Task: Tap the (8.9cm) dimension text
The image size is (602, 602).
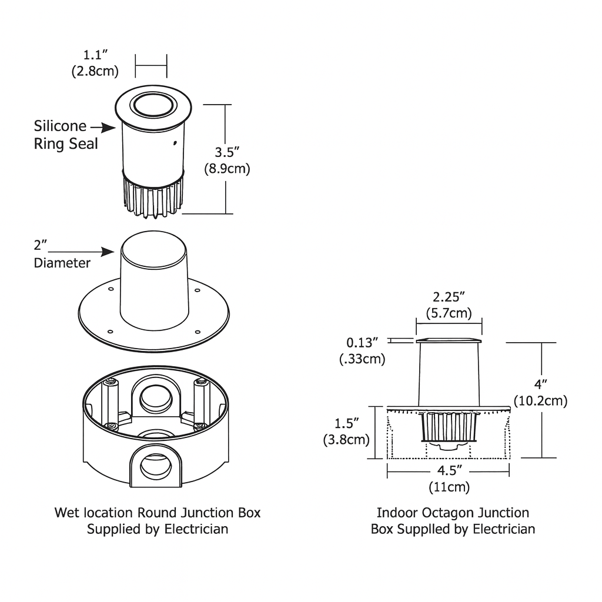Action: [227, 169]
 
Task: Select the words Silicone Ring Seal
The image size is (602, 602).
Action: [65, 135]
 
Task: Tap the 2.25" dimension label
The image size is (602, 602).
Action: [449, 296]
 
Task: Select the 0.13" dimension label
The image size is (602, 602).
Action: [363, 342]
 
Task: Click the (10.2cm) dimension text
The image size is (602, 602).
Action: [540, 402]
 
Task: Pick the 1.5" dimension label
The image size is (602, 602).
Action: [346, 423]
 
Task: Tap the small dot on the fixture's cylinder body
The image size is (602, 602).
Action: [175, 142]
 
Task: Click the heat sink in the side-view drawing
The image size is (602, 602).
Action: [449, 426]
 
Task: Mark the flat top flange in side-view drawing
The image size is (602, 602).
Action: [449, 340]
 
